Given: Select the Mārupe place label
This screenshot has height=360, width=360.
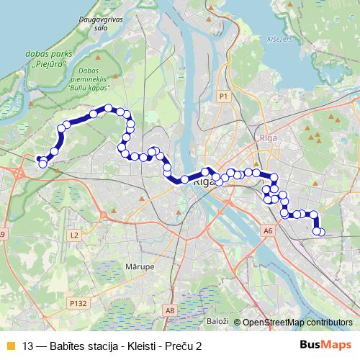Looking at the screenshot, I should tap(140, 266).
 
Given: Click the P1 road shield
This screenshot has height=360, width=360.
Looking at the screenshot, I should tap(223, 96).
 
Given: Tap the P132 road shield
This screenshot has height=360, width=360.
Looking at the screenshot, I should tap(79, 304).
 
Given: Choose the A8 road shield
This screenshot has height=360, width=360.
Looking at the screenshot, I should tap(170, 310).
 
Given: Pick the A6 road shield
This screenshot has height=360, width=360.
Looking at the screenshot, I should tap(268, 231).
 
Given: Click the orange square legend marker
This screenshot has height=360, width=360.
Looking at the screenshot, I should tap(9, 345).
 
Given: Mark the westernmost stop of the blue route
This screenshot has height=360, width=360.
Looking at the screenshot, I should tap(39, 159).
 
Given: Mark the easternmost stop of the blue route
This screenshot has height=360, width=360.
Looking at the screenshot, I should tap(321, 232).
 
